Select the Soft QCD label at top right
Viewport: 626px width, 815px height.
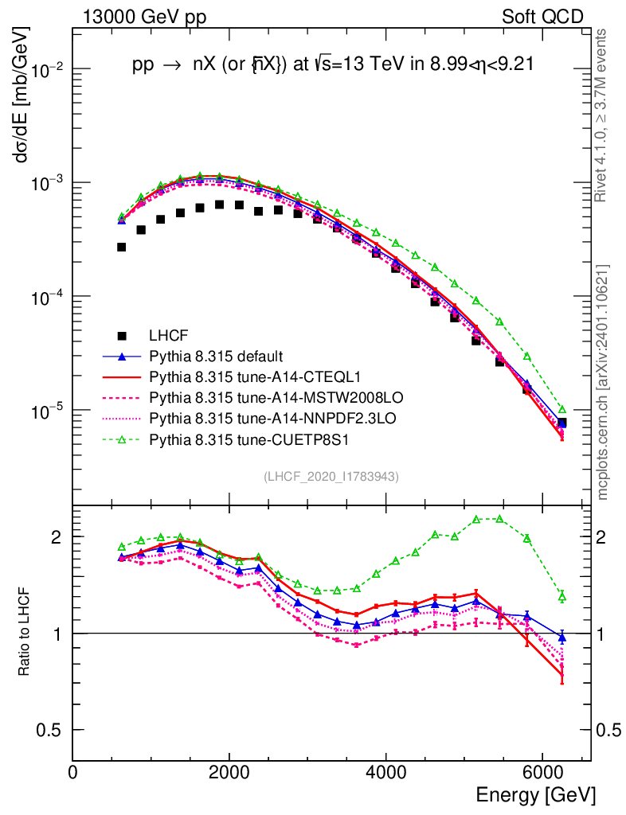pyautogui.click(x=542, y=17)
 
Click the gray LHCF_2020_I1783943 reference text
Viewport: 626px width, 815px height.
pyautogui.click(x=331, y=476)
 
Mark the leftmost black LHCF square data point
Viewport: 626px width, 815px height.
pyautogui.click(x=121, y=247)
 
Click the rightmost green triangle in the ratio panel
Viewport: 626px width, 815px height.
pyautogui.click(x=561, y=596)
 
